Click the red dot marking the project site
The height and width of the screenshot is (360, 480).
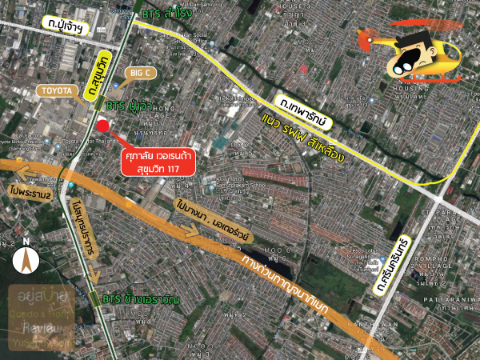(x=102, y=126)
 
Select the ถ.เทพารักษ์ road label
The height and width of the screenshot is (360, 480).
(x=305, y=110)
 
